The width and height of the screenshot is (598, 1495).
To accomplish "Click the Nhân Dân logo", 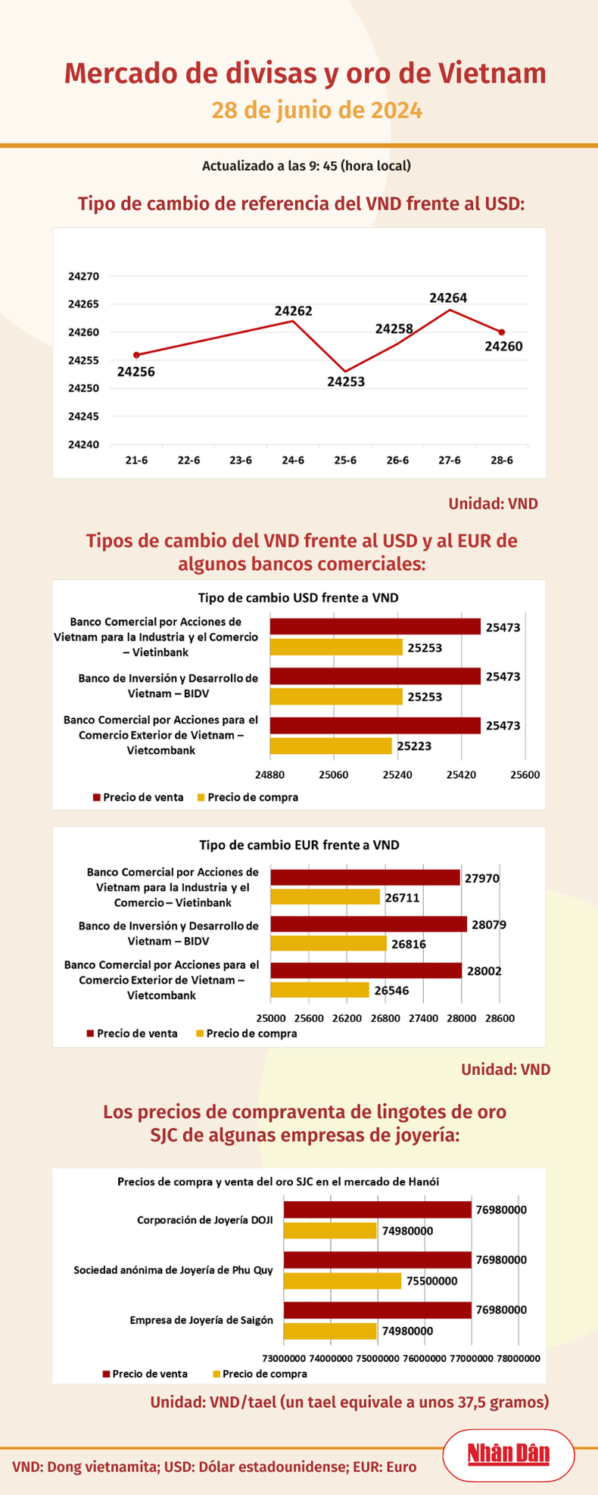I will tap(508, 1453).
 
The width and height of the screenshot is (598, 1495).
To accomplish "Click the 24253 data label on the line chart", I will tap(346, 382).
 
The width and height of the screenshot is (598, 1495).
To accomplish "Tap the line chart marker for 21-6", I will tap(136, 354).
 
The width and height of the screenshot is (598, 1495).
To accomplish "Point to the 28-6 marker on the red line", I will tap(502, 332).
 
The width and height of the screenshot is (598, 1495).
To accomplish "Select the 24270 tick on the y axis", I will tap(83, 277).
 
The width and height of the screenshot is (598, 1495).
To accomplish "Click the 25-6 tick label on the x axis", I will tap(345, 460).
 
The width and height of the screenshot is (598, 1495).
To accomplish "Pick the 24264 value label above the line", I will tap(448, 298).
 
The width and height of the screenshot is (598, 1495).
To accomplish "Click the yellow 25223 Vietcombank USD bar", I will tap(331, 746).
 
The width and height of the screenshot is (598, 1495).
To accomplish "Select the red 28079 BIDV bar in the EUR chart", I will tap(369, 924).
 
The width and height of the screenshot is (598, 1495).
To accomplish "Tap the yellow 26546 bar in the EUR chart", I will tap(320, 989).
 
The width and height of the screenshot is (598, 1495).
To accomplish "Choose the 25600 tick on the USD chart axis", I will tap(525, 775).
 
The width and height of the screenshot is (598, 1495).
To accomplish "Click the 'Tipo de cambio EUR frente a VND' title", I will tap(299, 845).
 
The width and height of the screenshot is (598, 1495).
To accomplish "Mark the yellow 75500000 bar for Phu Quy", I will tap(342, 1281).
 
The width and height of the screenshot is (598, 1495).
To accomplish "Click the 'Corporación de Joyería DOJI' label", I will tap(204, 1219).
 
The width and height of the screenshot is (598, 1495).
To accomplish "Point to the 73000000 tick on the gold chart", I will tap(284, 1358).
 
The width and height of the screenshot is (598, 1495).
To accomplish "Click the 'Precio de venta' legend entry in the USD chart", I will tap(138, 797).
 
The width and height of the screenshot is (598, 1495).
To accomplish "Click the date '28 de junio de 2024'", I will tap(316, 111).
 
